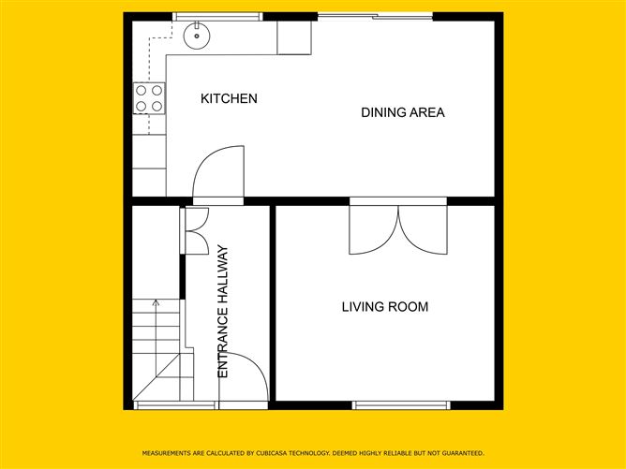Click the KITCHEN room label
[229, 98]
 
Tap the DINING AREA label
[403, 112]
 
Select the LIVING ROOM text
[384, 306]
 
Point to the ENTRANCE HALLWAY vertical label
[223, 312]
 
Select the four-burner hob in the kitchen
[149, 98]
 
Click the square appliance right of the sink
[293, 37]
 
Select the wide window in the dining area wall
[375, 16]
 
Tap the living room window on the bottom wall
[401, 405]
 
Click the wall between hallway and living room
[273, 304]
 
